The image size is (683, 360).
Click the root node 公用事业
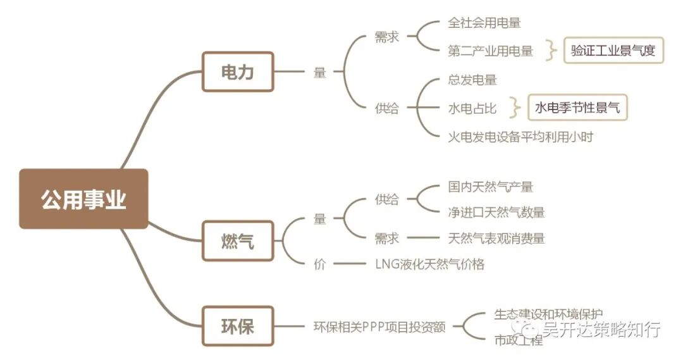tap(83, 199)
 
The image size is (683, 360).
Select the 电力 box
tap(238, 71)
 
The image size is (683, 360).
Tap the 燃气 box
tap(238, 240)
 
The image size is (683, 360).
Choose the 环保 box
tap(238, 326)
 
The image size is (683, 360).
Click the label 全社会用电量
tap(484, 23)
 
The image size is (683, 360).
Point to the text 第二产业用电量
tap(491, 51)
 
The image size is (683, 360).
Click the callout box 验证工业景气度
tap(613, 51)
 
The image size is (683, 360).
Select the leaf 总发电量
tap(472, 80)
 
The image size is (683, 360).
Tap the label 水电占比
tap(472, 108)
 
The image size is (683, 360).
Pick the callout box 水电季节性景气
tap(577, 108)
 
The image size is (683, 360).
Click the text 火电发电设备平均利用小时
tap(520, 136)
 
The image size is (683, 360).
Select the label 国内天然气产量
tap(491, 187)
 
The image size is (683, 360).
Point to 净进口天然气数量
tap(496, 213)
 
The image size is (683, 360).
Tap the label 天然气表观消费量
tap(496, 239)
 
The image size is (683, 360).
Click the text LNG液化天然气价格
tap(429, 264)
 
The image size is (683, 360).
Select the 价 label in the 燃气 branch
tap(320, 264)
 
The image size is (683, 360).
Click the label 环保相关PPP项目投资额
tap(379, 327)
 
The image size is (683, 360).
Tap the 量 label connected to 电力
tap(320, 73)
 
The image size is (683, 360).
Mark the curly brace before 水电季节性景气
tap(517, 108)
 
